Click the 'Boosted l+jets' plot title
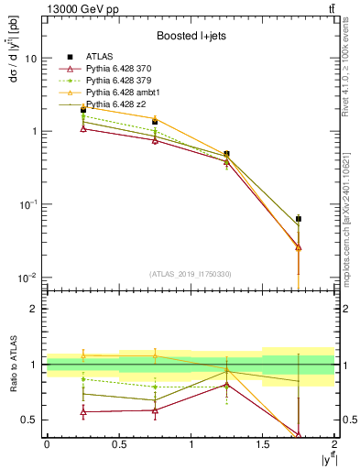pyautogui.click(x=191, y=36)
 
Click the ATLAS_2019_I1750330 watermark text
pyautogui.click(x=191, y=274)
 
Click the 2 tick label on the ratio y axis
pyautogui.click(x=33, y=309)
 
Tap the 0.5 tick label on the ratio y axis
pyautogui.click(x=28, y=420)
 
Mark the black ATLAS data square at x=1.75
pyautogui.click(x=299, y=219)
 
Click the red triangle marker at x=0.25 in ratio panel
pyautogui.click(x=83, y=412)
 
